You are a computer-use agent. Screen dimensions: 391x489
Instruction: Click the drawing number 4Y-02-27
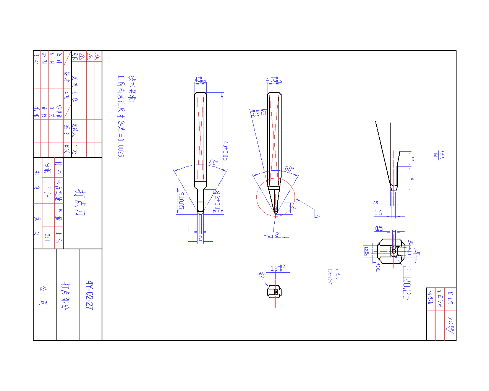pyautogui.click(x=90, y=295)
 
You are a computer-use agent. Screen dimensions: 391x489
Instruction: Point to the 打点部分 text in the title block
pyautogui.click(x=66, y=296)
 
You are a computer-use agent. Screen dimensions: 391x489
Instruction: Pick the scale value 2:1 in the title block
pyautogui.click(x=47, y=238)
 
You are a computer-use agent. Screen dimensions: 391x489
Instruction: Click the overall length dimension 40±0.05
pyautogui.click(x=225, y=150)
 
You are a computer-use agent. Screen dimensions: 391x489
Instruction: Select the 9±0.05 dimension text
pyautogui.click(x=181, y=200)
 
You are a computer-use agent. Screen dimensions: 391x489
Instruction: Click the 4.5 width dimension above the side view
pyautogui.click(x=274, y=80)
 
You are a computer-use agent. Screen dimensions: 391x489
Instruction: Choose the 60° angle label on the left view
pyautogui.click(x=213, y=163)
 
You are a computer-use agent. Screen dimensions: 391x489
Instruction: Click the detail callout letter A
pyautogui.click(x=317, y=216)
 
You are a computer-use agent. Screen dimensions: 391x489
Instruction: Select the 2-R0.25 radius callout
pyautogui.click(x=407, y=283)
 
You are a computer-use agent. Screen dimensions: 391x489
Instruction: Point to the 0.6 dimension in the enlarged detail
pyautogui.click(x=378, y=213)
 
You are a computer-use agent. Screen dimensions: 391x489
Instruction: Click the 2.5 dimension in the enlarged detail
pyautogui.click(x=412, y=159)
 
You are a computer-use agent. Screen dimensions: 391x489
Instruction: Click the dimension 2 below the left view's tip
pyautogui.click(x=200, y=238)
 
